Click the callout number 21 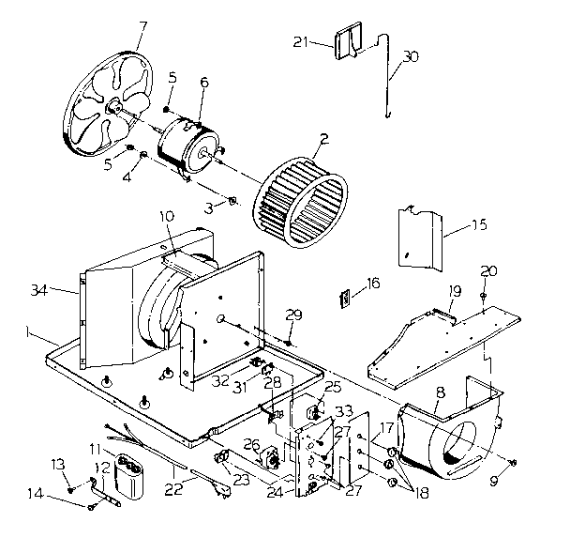300,42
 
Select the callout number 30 410,55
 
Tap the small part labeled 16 344,298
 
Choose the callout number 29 293,314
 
